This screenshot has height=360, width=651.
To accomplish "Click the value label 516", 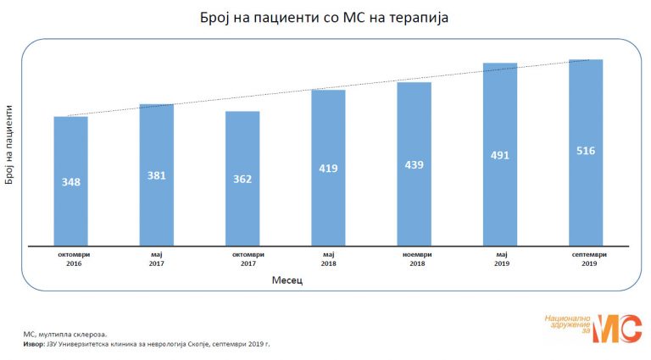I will click(x=586, y=151).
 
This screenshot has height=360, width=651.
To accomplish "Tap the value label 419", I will click(x=328, y=169).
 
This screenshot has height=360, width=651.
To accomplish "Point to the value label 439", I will click(x=414, y=165).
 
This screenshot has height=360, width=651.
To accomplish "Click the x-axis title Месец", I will click(x=288, y=281).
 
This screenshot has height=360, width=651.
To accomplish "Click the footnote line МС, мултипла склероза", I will click(x=65, y=335).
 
